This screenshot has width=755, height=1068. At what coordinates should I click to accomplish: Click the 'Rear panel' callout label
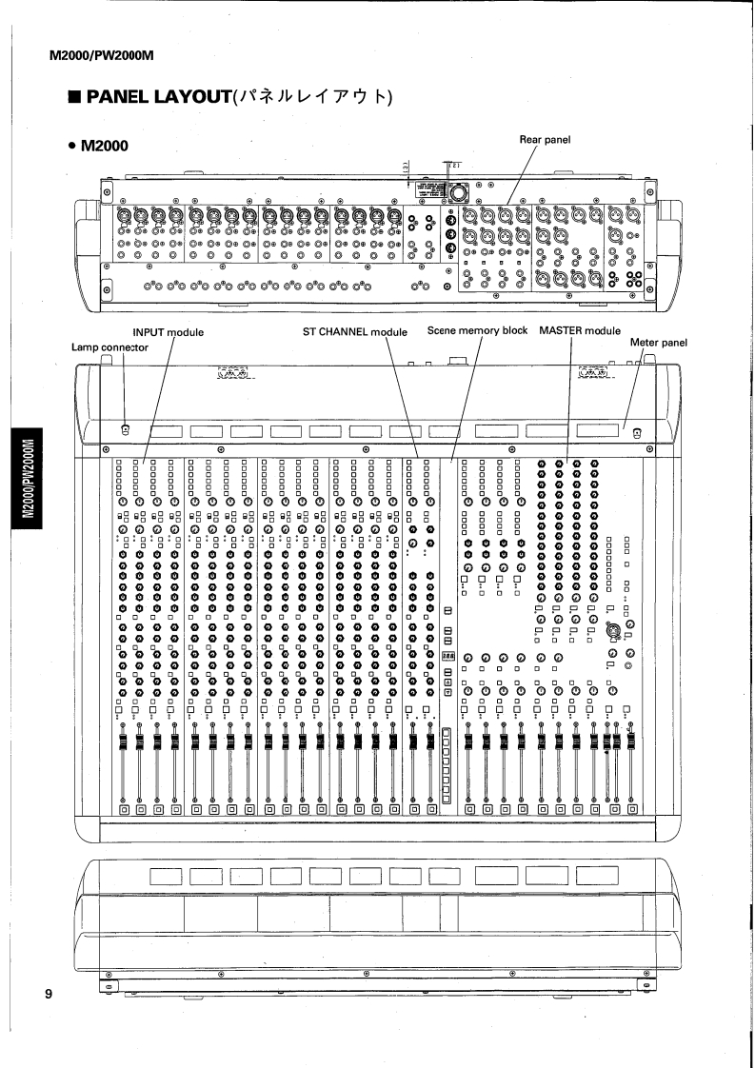coord(545,140)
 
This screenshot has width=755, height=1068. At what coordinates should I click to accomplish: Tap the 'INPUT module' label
coord(169,331)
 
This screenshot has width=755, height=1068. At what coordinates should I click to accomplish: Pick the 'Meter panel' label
coord(659,342)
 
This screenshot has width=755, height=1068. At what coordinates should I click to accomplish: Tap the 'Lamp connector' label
coord(110,347)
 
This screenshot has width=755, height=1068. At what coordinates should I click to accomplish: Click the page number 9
coord(47,996)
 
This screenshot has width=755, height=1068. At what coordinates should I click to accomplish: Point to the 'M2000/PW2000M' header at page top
coord(101,54)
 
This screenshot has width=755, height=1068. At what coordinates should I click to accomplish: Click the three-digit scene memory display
coord(447,657)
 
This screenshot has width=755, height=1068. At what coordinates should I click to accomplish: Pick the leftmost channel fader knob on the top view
coord(123,742)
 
